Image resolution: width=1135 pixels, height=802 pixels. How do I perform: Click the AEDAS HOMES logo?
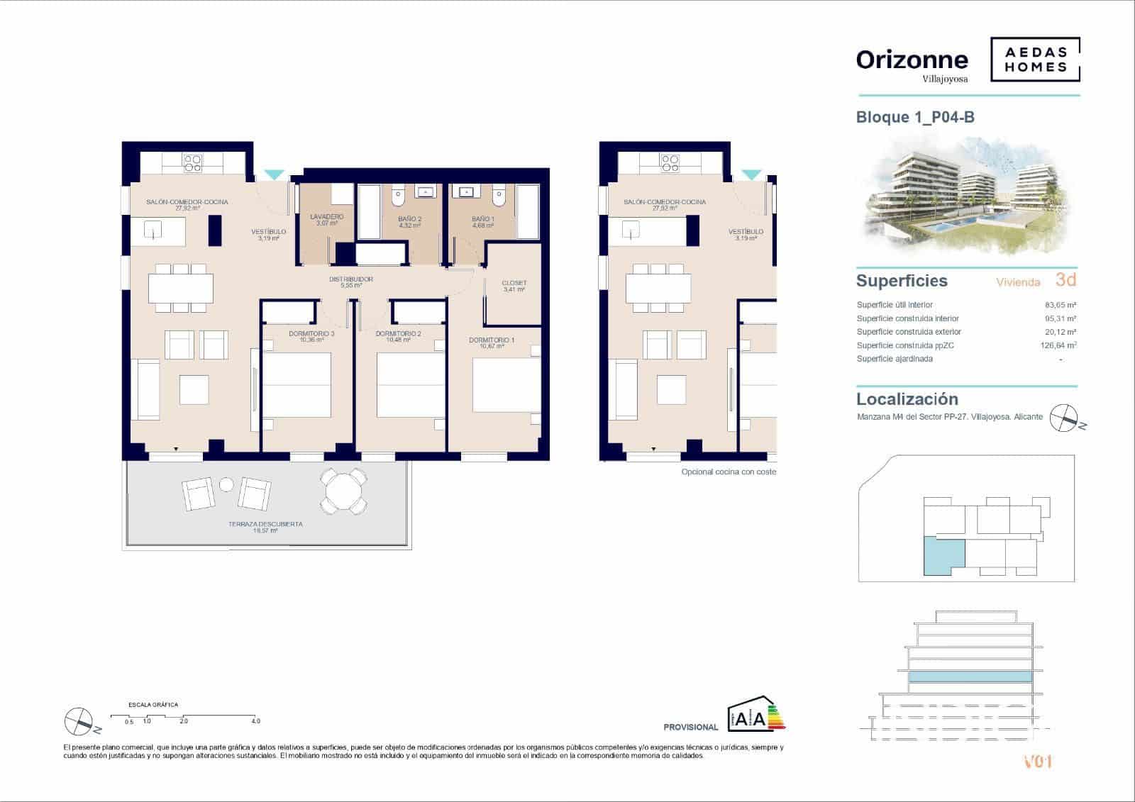point(1035,60)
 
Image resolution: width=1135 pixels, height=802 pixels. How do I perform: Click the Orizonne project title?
point(912,60)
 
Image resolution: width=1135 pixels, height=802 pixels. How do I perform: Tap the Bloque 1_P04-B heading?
point(915,117)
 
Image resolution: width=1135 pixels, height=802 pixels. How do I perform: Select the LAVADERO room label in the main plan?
point(327,217)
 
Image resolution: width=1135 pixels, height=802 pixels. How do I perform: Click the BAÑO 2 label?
point(409,219)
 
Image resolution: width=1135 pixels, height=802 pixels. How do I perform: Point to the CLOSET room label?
point(514,283)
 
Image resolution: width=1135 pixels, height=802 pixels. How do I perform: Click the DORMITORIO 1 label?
point(492,340)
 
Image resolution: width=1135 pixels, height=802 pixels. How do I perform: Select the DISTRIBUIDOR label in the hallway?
point(350,279)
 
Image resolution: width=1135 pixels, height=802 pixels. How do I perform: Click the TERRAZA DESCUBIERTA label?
point(265,524)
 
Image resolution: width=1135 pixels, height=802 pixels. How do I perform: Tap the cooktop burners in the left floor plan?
point(193,164)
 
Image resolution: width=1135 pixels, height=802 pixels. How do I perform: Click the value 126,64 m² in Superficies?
point(1057,345)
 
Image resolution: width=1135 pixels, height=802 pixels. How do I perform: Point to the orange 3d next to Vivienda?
point(1065,279)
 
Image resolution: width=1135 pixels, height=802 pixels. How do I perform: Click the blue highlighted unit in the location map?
point(943,556)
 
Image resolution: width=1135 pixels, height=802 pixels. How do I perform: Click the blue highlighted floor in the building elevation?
point(970,676)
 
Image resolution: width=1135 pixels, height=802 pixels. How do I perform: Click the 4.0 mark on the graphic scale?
point(255,720)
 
